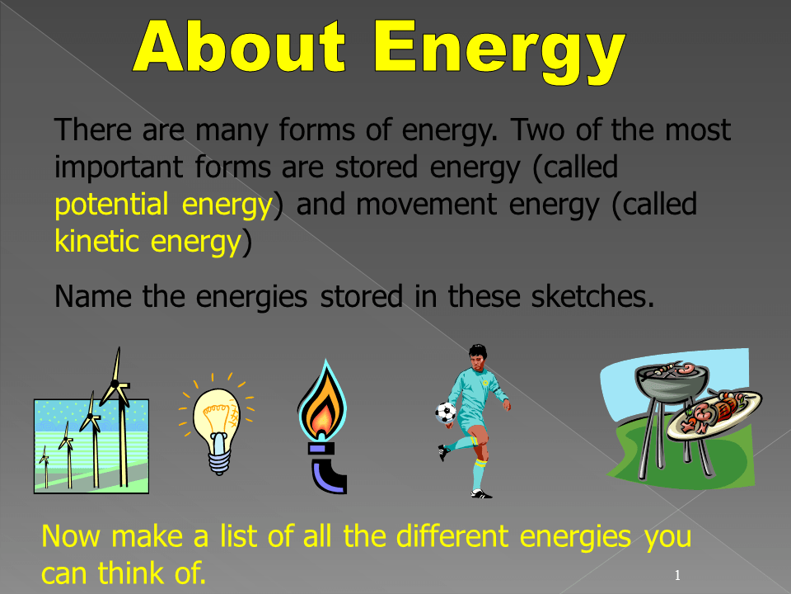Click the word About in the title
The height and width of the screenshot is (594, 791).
[240, 46]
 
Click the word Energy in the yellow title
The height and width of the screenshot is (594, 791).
[499, 51]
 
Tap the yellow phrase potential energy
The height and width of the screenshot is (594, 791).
[163, 205]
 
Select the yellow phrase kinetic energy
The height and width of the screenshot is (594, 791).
[147, 242]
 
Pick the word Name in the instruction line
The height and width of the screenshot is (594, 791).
[93, 296]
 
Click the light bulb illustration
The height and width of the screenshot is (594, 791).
[217, 424]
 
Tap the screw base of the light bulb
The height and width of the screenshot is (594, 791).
[219, 459]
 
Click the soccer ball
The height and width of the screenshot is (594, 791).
[446, 412]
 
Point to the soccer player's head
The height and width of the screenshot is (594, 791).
[477, 356]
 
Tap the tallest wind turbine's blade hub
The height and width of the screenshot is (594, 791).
[115, 384]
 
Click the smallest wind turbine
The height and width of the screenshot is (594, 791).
[44, 467]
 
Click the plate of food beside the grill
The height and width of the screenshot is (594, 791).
[714, 415]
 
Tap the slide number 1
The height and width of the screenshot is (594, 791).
[677, 575]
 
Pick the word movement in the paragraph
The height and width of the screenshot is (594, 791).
[426, 205]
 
